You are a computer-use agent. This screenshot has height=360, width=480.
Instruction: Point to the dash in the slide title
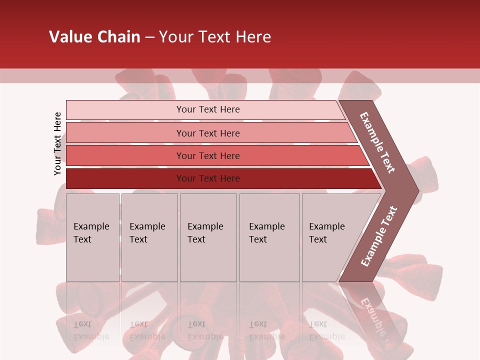tap(149, 37)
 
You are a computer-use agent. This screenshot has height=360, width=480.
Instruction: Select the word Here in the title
tap(253, 36)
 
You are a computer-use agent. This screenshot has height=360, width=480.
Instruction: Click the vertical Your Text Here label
tap(57, 143)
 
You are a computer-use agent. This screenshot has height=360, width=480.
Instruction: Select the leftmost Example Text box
tap(92, 237)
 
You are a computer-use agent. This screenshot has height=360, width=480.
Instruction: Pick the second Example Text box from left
tap(149, 237)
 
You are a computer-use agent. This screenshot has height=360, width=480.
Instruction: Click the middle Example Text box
tap(208, 237)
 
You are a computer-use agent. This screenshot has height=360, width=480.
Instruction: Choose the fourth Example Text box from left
tap(269, 237)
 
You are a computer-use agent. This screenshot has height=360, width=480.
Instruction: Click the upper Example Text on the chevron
tap(377, 142)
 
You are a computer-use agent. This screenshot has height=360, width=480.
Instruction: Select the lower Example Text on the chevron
tap(379, 236)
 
